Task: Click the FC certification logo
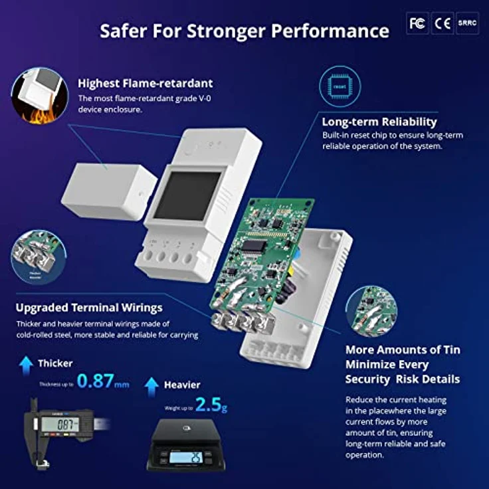(x=417, y=23)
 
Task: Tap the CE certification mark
(x=442, y=23)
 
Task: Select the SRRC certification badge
(x=466, y=23)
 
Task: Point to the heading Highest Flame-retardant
(x=146, y=84)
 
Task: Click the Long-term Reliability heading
(x=379, y=122)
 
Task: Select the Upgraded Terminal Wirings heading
(x=89, y=308)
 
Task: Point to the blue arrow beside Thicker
(x=26, y=363)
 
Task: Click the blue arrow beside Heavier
(x=152, y=385)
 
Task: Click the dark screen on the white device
(x=187, y=198)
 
